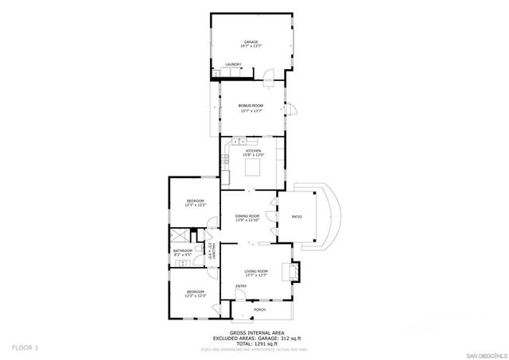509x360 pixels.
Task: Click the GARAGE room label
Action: (x=251, y=42)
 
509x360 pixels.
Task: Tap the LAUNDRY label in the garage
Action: (x=233, y=64)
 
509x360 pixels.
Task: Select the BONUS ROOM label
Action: (x=251, y=105)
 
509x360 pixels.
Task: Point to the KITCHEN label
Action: (x=253, y=150)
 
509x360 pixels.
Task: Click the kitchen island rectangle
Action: (x=254, y=168)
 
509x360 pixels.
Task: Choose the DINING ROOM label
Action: (x=247, y=216)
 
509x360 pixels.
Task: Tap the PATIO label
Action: (x=296, y=216)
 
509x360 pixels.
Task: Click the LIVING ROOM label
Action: (x=255, y=271)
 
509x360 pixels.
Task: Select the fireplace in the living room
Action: (x=294, y=271)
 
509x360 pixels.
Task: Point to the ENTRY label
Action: (x=240, y=286)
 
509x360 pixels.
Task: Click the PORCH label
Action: (x=259, y=310)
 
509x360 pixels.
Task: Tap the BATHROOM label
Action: (x=183, y=250)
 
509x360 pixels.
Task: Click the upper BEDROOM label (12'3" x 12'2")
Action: (x=196, y=200)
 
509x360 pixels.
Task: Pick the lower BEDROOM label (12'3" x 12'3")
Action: (x=196, y=292)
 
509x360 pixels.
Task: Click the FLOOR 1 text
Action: (x=25, y=347)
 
